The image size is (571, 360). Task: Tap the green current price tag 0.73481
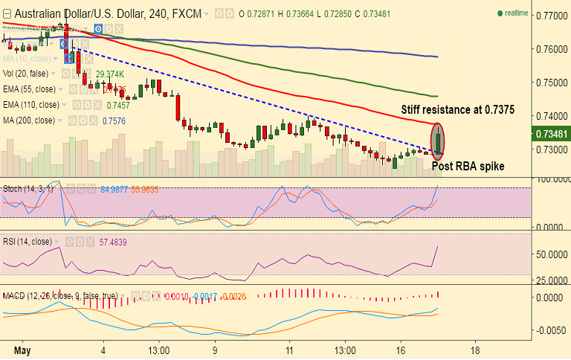(x=551, y=135)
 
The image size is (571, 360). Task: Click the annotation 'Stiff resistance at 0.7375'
(x=457, y=109)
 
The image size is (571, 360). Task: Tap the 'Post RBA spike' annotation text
(x=468, y=167)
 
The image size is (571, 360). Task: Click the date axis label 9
(x=214, y=350)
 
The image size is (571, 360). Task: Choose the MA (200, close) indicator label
(x=29, y=120)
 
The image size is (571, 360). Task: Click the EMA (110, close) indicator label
(x=30, y=105)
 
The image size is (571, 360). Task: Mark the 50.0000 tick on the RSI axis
(x=551, y=254)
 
